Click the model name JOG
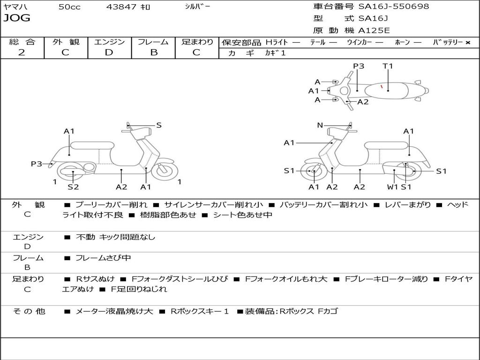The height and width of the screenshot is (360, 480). (x=17, y=19)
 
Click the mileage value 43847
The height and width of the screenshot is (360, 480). (x=121, y=7)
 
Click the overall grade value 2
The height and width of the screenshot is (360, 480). (x=22, y=52)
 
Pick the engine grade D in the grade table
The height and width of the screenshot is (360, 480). (x=109, y=52)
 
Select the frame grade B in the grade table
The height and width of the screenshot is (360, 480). (x=154, y=52)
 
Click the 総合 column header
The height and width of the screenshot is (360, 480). (x=22, y=42)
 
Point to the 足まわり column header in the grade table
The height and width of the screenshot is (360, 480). (x=197, y=42)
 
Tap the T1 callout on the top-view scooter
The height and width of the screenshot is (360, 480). (x=388, y=66)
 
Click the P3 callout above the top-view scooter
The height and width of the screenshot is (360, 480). (x=359, y=66)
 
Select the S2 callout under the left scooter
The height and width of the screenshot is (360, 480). (x=73, y=187)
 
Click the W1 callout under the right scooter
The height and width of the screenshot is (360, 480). (x=392, y=187)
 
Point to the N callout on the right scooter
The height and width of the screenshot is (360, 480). (x=320, y=125)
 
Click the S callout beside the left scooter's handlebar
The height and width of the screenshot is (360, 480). (x=159, y=125)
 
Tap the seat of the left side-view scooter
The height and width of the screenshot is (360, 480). (x=92, y=145)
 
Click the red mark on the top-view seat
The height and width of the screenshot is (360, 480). (x=382, y=87)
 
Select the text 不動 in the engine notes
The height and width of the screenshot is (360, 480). (x=85, y=237)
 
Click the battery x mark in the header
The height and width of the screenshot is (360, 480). (x=467, y=42)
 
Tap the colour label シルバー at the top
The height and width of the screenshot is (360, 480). (x=197, y=7)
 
